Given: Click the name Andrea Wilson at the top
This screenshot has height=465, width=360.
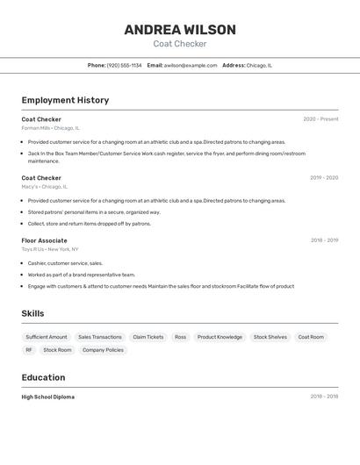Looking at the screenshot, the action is coord(180,29).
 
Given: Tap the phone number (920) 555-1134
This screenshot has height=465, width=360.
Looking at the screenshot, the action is coord(124,65).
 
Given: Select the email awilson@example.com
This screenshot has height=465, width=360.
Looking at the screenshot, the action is coord(190,65).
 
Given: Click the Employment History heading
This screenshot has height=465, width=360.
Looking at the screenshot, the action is coord(65,100).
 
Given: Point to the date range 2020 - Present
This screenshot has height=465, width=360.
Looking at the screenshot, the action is coord(320,119).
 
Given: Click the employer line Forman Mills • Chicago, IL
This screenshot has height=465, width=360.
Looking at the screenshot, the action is coord(50,128).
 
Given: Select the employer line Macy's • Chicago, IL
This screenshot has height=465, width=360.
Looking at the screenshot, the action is coord(45,187).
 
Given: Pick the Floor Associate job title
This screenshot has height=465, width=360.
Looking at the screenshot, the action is coord(44,240).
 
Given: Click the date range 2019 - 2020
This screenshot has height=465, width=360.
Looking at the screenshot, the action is coord(323,178).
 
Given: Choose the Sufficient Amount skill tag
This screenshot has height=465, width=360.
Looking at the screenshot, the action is coord(47,337).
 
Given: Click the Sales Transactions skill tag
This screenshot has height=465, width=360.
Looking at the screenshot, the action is coord(100,337).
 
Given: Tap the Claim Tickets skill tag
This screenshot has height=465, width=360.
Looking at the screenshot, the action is coord(148,337).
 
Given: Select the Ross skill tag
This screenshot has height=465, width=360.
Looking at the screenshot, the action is coord(180,337).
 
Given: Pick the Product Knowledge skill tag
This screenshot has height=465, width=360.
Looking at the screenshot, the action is coord(220,337).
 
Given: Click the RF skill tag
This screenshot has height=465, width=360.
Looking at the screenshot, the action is coord(29,350).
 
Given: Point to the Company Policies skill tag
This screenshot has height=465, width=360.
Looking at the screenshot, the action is coord(104,350).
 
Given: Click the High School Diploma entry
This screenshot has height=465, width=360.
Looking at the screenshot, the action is coord(48,397).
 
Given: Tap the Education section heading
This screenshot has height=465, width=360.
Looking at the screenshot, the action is coord(43,377).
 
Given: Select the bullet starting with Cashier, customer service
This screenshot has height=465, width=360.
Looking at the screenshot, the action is coord(65,263).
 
